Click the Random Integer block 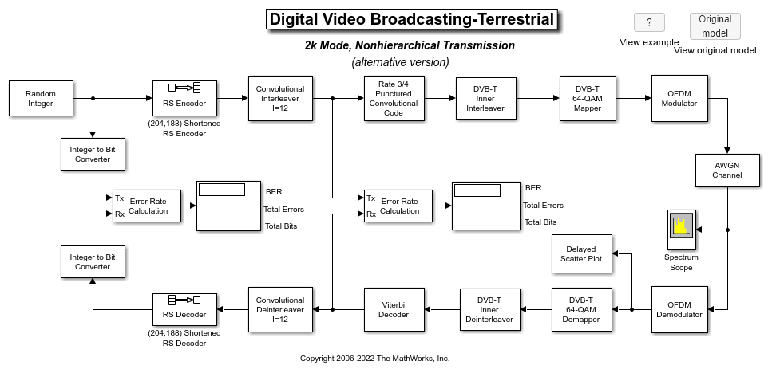tap(42, 98)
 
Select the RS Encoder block tap(184, 98)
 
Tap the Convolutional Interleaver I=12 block tap(280, 98)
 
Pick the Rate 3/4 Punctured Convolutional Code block tap(394, 98)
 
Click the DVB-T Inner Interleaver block tap(486, 98)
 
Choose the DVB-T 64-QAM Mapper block tap(588, 98)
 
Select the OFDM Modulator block tap(679, 98)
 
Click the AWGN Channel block tap(727, 170)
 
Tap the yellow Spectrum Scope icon tap(681, 226)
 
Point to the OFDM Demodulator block tap(679, 309)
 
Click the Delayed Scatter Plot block tap(582, 253)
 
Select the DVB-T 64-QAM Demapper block tap(582, 309)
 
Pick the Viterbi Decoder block tap(394, 309)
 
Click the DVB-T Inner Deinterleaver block tap(490, 309)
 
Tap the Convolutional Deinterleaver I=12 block tap(280, 309)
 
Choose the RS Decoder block tap(184, 309)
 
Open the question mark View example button tap(649, 22)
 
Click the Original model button tap(715, 26)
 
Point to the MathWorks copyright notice tap(374, 359)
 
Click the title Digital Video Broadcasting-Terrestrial tap(412, 20)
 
